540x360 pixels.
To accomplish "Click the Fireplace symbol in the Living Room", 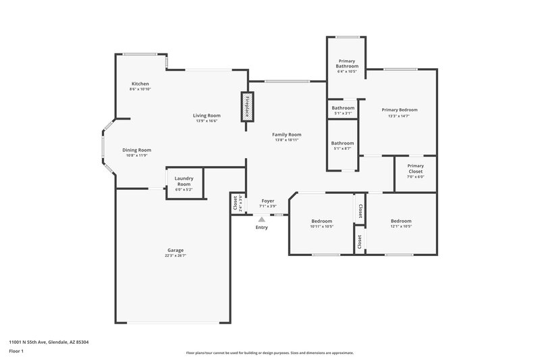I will (246, 107).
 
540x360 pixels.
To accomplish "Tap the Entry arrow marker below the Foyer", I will (261, 219).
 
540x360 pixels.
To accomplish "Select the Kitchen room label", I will (140, 84).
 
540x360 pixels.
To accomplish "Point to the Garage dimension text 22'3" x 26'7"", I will (175, 256).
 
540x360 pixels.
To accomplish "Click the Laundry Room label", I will (184, 181).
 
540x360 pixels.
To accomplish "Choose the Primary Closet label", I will (415, 168).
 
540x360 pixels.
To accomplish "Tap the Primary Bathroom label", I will (346, 63).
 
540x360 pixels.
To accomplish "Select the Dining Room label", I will (136, 150).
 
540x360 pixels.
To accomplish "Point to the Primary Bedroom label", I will (399, 110).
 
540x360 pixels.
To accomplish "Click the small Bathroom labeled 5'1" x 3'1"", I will (342, 108).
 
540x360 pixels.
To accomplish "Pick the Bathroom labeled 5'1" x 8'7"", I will (342, 143).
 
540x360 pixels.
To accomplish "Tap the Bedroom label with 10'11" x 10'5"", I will (321, 222).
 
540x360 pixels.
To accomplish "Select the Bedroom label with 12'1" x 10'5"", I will (401, 221).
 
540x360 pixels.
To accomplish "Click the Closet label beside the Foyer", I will (236, 202).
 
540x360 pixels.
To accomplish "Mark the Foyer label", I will (267, 201).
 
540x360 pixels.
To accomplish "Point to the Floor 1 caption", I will (17, 351).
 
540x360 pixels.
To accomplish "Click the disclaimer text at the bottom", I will (269, 353).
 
